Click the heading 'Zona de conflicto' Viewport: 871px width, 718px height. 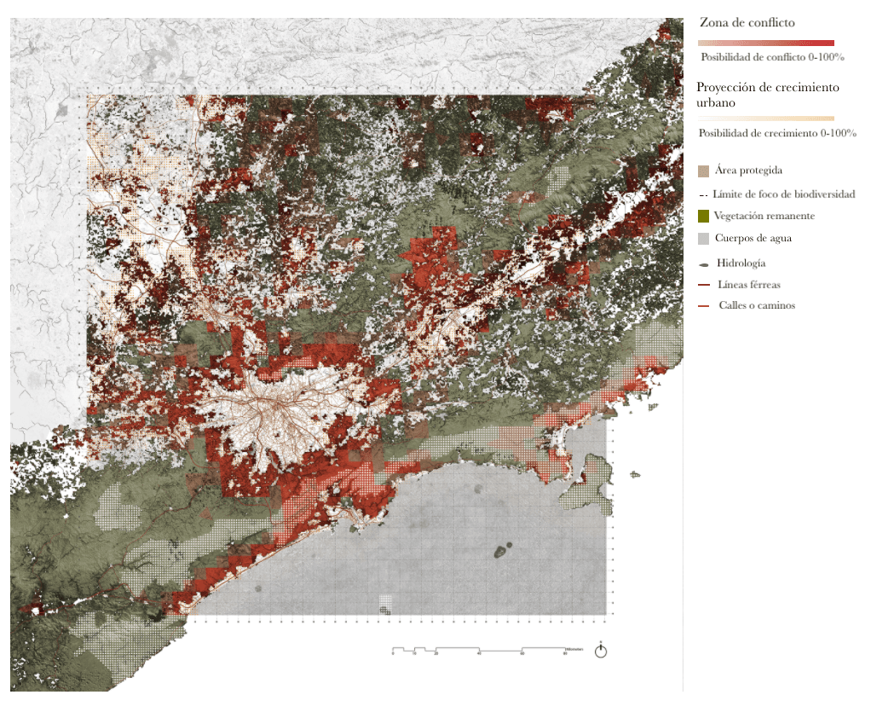[747, 23]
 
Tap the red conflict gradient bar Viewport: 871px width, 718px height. [765, 43]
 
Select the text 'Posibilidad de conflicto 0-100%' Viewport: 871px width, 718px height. [772, 57]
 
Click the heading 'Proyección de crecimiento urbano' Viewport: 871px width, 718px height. [767, 95]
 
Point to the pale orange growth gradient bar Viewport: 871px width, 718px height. [765, 119]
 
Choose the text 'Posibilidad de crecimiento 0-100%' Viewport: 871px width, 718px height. [777, 133]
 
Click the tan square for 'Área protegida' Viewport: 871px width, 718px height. [703, 171]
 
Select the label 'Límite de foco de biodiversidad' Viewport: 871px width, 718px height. [783, 194]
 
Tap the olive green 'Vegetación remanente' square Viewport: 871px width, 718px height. [703, 217]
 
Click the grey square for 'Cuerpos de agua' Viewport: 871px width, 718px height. [703, 239]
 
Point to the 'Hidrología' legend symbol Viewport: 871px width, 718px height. [703, 264]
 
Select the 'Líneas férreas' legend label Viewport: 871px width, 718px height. [748, 285]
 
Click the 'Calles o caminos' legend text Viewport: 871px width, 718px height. [756, 305]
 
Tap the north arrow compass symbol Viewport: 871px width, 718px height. [601, 651]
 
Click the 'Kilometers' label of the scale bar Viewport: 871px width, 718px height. [575, 649]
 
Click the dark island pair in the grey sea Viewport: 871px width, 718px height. [503, 551]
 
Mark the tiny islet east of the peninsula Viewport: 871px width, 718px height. [635, 474]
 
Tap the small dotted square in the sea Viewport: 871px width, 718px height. [386, 604]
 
